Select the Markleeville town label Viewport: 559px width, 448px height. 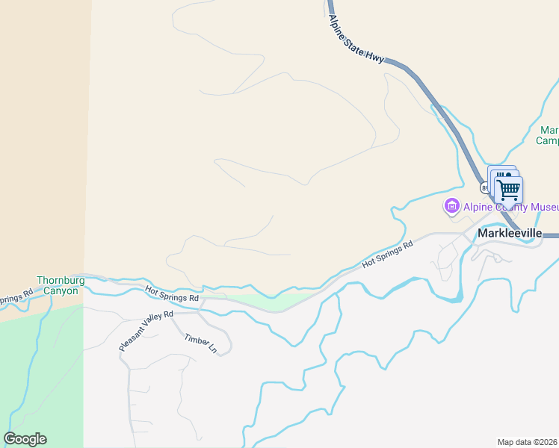click(509, 233)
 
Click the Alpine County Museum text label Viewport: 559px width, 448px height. click(511, 207)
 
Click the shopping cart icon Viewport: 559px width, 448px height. click(509, 190)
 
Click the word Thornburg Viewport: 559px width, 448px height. click(58, 281)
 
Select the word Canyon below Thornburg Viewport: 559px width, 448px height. click(60, 291)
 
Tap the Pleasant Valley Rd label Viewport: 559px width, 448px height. click(146, 332)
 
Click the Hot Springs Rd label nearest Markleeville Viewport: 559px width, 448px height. click(387, 255)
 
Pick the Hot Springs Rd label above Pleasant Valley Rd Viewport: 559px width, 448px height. click(172, 294)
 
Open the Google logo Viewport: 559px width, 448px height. click(25, 439)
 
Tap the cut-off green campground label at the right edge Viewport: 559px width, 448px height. click(549, 135)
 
